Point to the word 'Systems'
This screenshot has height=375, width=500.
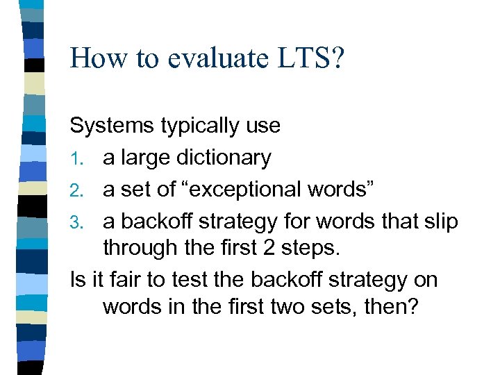coord(112,126)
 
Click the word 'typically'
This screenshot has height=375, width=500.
coord(202,126)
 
